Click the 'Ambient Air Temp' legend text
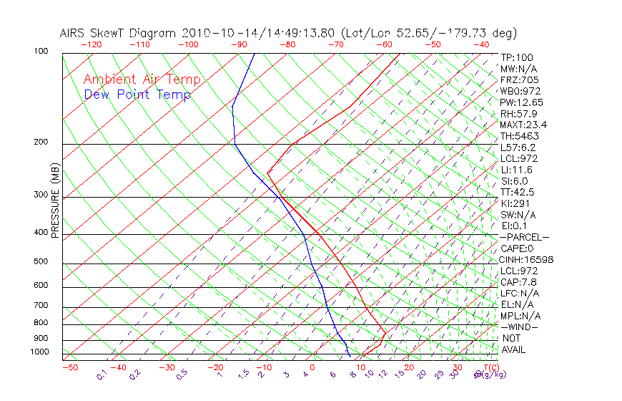(142, 79)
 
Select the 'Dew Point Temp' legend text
(137, 95)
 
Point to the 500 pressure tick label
(41, 261)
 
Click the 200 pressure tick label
(41, 142)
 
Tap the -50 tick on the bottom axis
(69, 367)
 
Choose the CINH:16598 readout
(527, 259)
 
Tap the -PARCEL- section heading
(524, 237)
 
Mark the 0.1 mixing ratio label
(102, 375)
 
